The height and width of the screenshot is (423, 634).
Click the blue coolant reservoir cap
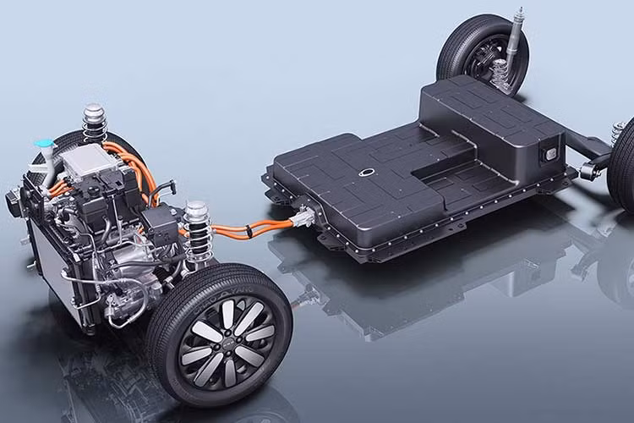(41, 144)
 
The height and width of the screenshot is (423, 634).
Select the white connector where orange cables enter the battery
(302, 222)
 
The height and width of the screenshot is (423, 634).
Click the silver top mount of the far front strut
(93, 111)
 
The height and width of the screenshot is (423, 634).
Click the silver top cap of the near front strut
(196, 207)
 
